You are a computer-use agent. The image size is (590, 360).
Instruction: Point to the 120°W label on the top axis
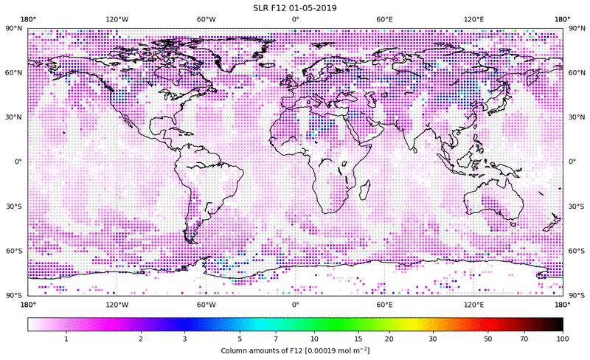click(117, 18)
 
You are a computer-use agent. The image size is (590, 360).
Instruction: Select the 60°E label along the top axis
click(384, 18)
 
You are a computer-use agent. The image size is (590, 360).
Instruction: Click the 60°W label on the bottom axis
click(206, 305)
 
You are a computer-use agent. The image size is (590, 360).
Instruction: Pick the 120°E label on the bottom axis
click(473, 305)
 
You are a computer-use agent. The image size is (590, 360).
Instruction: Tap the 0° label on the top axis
click(295, 18)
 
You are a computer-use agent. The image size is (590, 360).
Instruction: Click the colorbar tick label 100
click(563, 339)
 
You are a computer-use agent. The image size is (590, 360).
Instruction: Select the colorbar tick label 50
click(488, 339)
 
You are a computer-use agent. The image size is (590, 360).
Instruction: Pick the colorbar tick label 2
click(141, 339)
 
